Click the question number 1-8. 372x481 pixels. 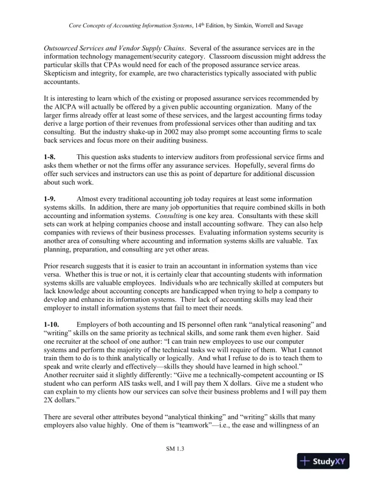tap(50, 157)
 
